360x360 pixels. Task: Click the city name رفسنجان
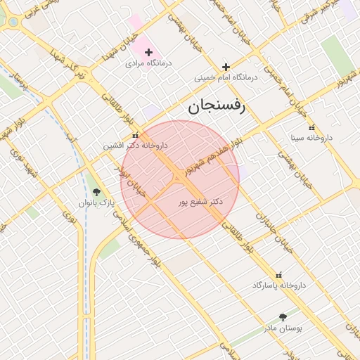click(x=215, y=107)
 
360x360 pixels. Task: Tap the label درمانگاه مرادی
click(x=145, y=63)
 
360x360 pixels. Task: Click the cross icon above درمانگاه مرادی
click(x=148, y=52)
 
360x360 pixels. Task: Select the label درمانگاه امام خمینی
click(x=227, y=77)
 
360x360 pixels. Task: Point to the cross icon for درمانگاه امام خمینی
click(x=226, y=66)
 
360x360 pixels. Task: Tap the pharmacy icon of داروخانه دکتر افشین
click(x=136, y=135)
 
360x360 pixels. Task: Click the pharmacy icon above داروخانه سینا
click(x=292, y=127)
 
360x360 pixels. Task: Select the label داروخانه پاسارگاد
click(x=281, y=285)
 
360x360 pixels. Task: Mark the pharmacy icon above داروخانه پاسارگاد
click(x=280, y=274)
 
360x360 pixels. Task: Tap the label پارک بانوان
click(x=96, y=202)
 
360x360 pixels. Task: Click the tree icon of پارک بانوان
click(x=96, y=191)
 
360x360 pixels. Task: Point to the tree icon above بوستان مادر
click(x=283, y=317)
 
